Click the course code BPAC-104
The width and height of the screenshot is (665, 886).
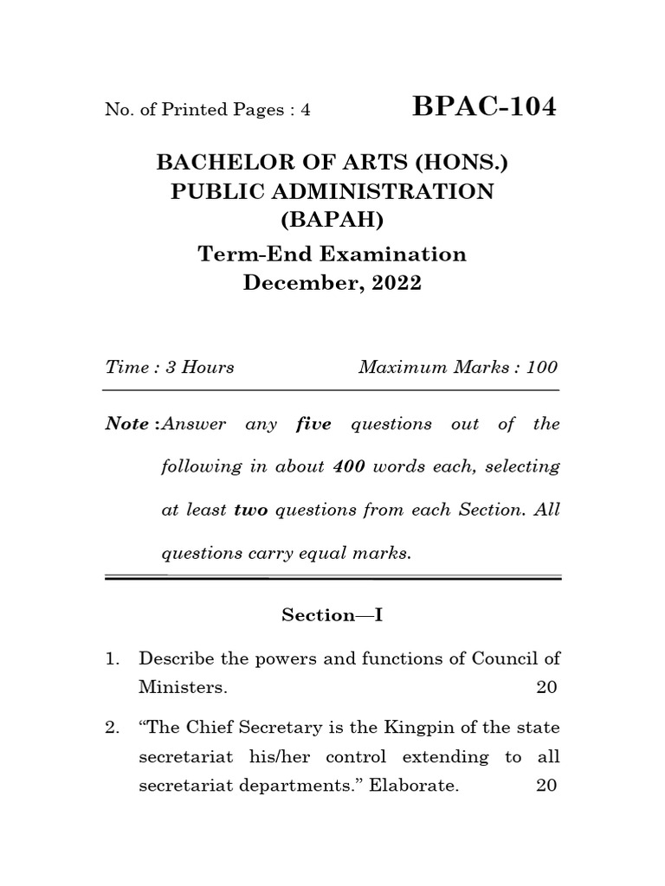(485, 107)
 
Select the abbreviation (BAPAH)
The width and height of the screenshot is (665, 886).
(332, 221)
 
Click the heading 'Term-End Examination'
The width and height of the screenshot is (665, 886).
(332, 254)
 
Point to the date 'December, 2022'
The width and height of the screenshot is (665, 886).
(332, 284)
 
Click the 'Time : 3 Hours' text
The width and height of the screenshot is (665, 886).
(170, 367)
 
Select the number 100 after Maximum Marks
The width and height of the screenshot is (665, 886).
(541, 367)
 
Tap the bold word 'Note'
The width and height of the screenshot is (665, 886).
(125, 424)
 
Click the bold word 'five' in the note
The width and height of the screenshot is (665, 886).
(313, 424)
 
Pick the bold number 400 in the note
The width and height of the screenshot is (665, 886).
(350, 466)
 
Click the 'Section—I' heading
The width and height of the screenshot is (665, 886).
(332, 614)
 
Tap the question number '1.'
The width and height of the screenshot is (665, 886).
(112, 658)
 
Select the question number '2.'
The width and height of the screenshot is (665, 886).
(112, 728)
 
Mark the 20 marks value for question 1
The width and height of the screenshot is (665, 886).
(546, 688)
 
